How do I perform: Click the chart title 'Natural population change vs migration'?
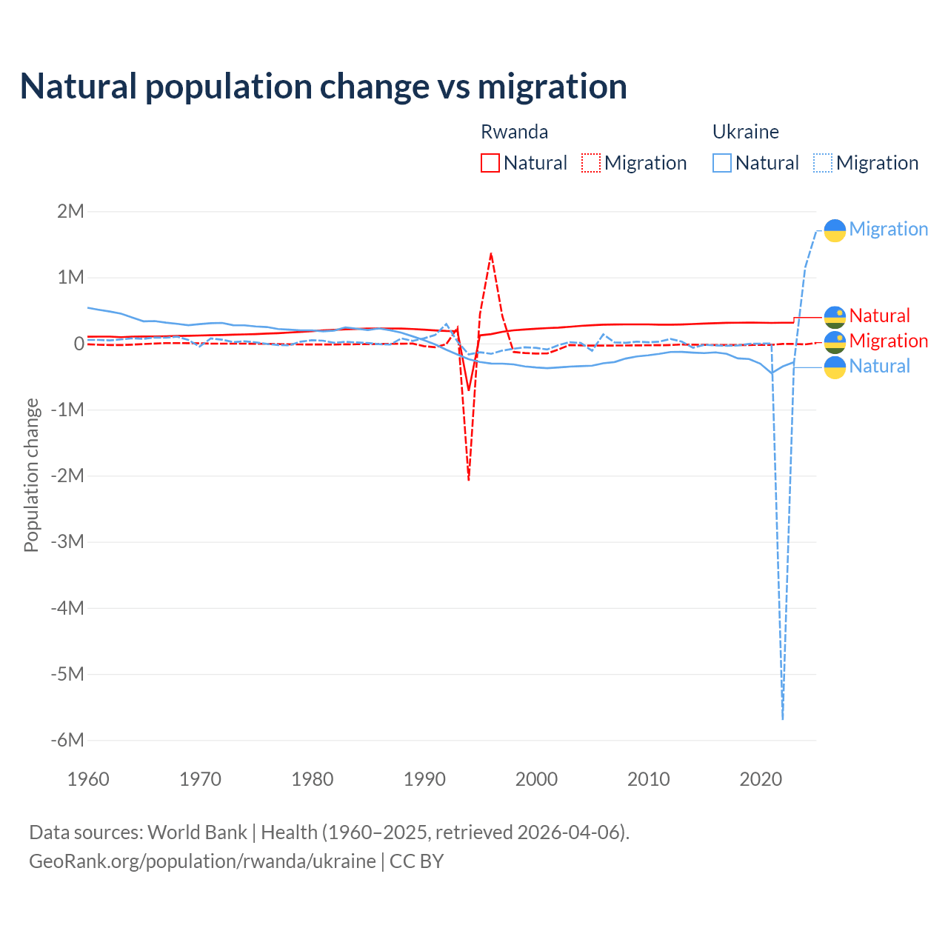click(x=324, y=86)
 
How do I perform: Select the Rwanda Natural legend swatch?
click(x=490, y=163)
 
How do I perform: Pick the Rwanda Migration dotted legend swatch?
click(x=591, y=163)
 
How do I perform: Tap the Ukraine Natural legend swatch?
click(x=722, y=163)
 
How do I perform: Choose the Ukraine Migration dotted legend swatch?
click(x=823, y=163)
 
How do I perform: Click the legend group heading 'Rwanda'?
click(x=514, y=132)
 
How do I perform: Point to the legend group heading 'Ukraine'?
click(x=745, y=132)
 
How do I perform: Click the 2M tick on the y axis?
click(x=70, y=211)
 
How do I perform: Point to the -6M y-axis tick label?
click(x=67, y=740)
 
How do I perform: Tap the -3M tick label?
click(x=67, y=541)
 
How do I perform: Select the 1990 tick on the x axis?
click(x=424, y=779)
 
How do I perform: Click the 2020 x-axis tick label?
click(x=761, y=779)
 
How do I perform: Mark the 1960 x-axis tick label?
click(x=88, y=779)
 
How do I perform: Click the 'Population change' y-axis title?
click(x=31, y=475)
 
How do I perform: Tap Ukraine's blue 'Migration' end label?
click(x=888, y=229)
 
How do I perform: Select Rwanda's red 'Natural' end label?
click(x=879, y=316)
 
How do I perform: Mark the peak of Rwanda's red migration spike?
click(x=491, y=254)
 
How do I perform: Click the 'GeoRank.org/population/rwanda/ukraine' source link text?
click(x=202, y=861)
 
